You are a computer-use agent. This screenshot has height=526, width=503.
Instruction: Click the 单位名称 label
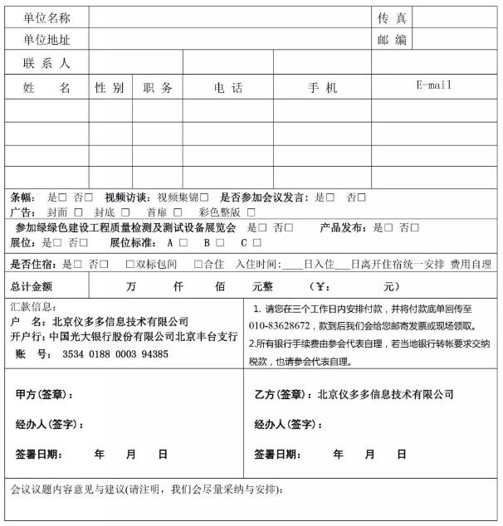click(x=46, y=17)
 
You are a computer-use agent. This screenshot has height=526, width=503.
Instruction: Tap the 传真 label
click(x=391, y=17)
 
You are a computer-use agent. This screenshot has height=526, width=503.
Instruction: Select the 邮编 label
click(x=391, y=40)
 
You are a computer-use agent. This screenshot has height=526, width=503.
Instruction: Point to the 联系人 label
click(x=46, y=63)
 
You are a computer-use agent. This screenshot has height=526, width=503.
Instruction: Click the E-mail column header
click(x=434, y=85)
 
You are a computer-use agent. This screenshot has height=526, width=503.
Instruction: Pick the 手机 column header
click(x=322, y=87)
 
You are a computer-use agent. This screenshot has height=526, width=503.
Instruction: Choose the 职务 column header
click(x=158, y=87)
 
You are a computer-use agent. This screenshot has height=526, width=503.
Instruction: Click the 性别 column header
click(x=110, y=87)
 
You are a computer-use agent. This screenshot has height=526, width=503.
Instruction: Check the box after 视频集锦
click(x=204, y=197)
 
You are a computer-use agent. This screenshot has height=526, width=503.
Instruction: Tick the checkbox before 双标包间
click(x=129, y=264)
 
